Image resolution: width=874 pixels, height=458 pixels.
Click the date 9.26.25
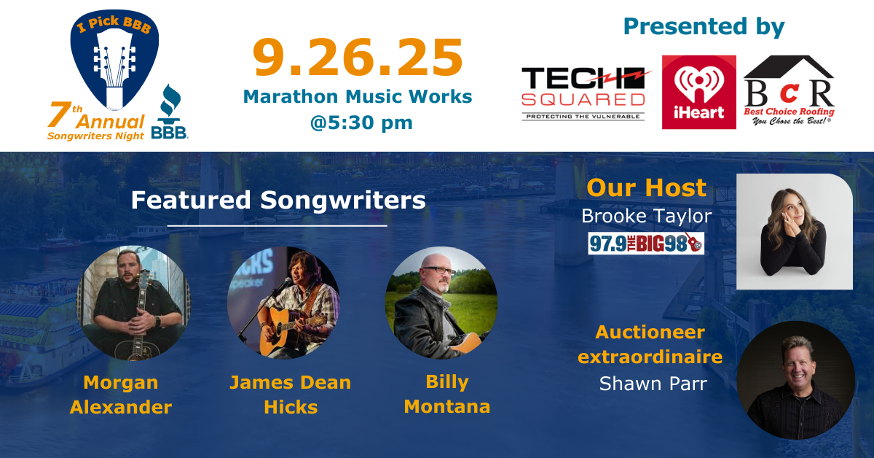click(358, 59)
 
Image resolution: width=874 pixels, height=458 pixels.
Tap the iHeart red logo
click(698, 92)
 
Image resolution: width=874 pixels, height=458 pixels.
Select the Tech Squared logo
click(584, 93)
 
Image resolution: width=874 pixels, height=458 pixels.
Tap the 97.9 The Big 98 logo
click(646, 243)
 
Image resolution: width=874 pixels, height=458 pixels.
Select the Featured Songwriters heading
click(278, 200)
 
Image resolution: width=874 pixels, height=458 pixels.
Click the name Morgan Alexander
click(121, 395)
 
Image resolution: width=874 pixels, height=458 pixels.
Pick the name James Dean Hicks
click(291, 395)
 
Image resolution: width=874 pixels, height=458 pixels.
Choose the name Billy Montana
click(446, 394)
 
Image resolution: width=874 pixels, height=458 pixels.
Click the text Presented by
click(704, 26)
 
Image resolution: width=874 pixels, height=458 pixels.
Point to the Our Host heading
click(647, 187)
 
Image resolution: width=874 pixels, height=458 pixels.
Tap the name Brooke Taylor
click(646, 216)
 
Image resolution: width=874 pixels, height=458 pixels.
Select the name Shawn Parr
click(653, 384)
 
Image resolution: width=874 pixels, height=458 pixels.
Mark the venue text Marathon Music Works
click(358, 96)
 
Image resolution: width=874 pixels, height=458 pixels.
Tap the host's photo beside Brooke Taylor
click(794, 232)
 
